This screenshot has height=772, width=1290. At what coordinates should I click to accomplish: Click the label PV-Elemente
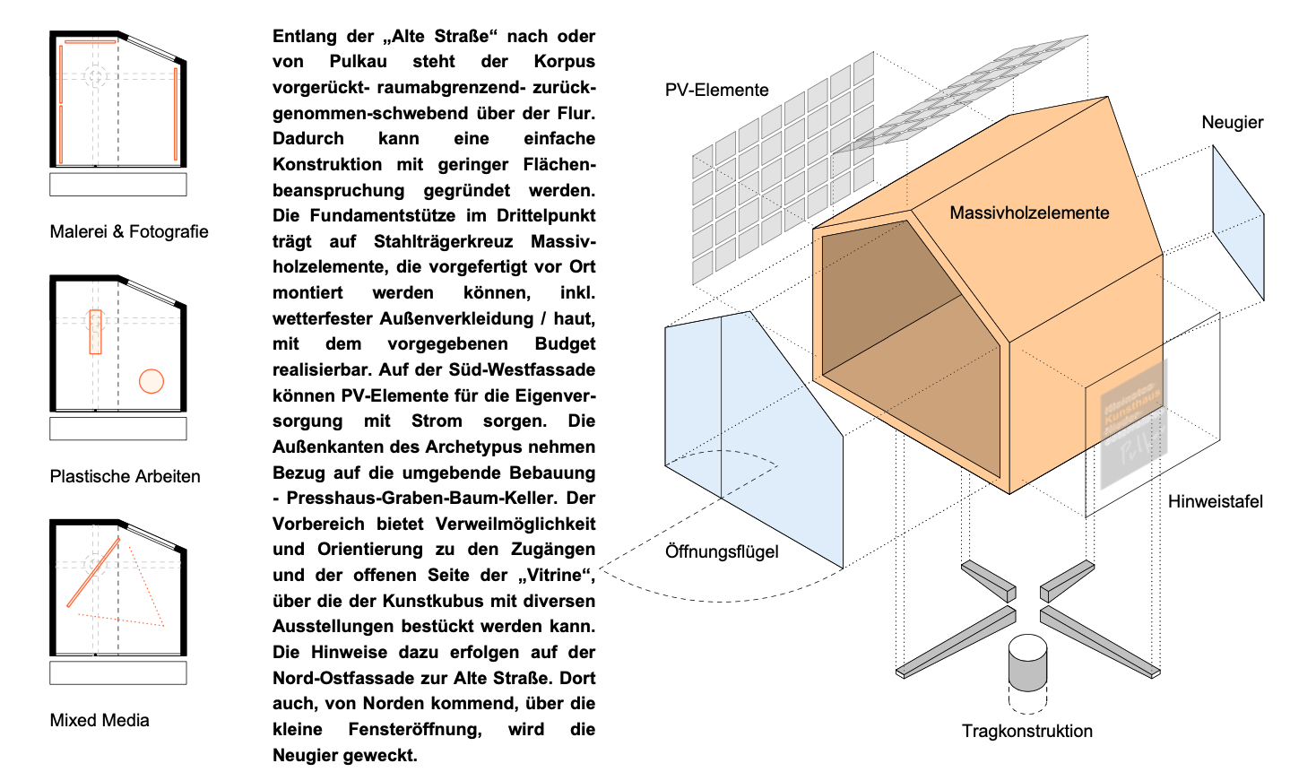[716, 90]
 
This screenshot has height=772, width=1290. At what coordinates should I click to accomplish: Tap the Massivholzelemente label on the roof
[1029, 213]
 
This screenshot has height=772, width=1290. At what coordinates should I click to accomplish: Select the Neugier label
[1232, 122]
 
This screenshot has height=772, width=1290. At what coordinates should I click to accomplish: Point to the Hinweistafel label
[1215, 501]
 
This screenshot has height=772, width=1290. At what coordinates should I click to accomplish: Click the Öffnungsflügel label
[722, 551]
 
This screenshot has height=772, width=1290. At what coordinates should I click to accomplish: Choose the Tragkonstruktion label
[1026, 731]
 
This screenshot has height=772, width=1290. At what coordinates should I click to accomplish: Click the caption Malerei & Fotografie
[129, 231]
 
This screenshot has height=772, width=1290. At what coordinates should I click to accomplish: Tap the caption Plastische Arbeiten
[125, 476]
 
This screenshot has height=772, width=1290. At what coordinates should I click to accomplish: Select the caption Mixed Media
[100, 720]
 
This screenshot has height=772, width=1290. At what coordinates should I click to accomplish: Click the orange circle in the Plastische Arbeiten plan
[152, 381]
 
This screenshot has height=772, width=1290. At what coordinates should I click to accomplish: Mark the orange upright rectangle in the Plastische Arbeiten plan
[96, 332]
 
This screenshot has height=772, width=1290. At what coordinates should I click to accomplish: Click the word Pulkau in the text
[358, 62]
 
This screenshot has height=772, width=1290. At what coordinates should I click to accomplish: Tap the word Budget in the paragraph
[565, 344]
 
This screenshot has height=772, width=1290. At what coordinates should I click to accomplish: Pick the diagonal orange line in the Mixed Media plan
[92, 573]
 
